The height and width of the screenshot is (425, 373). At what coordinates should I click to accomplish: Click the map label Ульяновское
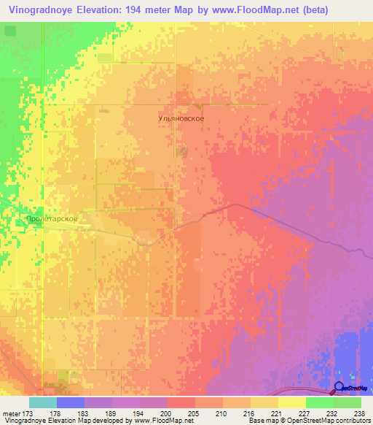point(181,118)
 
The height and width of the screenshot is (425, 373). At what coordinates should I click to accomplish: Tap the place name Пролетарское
point(51,218)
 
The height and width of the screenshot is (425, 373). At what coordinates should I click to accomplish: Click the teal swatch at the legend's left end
point(43,402)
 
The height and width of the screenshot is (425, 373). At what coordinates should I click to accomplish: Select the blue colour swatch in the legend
point(71,402)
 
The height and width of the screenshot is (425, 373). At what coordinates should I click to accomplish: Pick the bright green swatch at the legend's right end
point(347,402)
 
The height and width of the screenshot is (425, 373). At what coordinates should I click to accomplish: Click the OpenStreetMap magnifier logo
point(339,388)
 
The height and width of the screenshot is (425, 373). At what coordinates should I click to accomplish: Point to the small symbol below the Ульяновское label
point(182,151)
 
